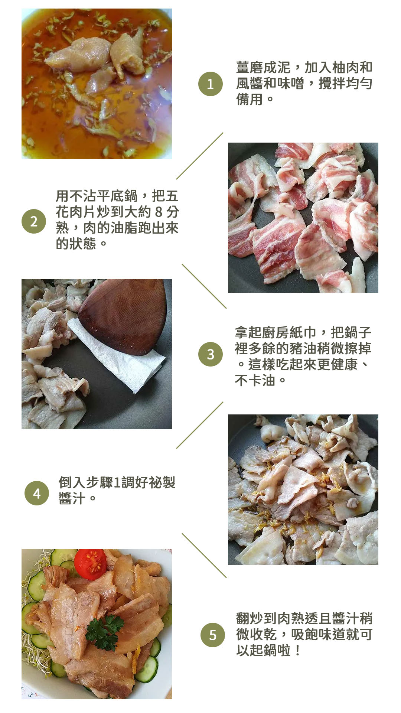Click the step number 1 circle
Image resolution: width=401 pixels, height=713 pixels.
(x=210, y=84)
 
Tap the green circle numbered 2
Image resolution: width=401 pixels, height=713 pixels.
(x=34, y=221)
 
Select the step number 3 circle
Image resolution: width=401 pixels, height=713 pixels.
(x=210, y=354)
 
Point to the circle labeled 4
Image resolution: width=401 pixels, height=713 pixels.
(x=37, y=493)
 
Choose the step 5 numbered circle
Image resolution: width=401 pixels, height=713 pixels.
(x=213, y=635)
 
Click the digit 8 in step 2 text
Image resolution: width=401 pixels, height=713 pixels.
(x=159, y=212)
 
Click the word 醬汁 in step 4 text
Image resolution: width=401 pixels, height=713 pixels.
(x=72, y=498)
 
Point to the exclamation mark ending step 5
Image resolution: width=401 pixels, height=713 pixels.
(x=297, y=650)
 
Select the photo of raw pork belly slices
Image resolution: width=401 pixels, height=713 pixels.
(x=303, y=218)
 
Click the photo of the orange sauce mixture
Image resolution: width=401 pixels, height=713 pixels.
(x=97, y=84)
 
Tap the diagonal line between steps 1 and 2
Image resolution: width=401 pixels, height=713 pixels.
(x=200, y=156)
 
